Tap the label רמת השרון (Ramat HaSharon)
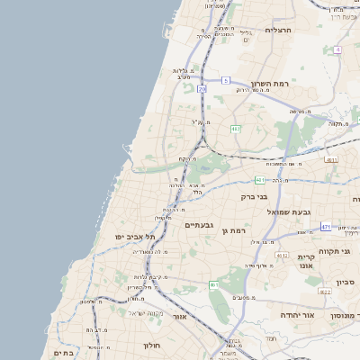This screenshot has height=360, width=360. [x=270, y=82]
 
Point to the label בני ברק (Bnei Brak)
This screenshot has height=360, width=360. [x=255, y=195]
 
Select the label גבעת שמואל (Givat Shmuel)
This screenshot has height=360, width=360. [x=289, y=211]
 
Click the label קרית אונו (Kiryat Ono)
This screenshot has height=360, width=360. [x=306, y=262]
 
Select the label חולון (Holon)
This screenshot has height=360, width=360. [x=150, y=345]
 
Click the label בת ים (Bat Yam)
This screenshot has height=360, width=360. [x=63, y=354]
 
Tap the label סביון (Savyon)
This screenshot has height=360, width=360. [x=346, y=283]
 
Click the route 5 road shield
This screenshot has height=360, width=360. [x=227, y=81]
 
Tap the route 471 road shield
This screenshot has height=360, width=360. [x=325, y=227]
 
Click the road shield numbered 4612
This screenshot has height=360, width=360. [x=282, y=255]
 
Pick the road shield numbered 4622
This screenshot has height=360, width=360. [x=324, y=291]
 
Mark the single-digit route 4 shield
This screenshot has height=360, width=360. [x=337, y=49]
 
